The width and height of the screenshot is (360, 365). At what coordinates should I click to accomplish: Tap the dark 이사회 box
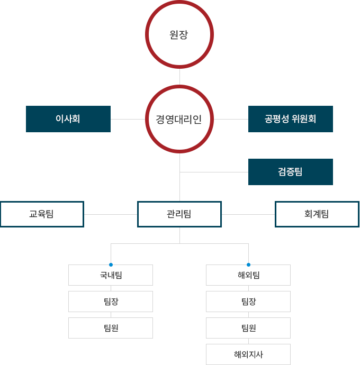[68, 119]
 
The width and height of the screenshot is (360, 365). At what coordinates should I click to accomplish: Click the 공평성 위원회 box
[290, 119]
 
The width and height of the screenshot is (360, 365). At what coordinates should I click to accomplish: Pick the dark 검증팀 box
[290, 172]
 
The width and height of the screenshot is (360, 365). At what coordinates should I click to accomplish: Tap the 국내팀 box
[111, 275]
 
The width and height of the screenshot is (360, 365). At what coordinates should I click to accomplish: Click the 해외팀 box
[248, 275]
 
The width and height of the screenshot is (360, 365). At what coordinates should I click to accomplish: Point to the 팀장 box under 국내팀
[111, 302]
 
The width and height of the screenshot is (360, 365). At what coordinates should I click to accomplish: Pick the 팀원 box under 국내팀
[111, 328]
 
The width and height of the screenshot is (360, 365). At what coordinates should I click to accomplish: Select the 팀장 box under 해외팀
[248, 302]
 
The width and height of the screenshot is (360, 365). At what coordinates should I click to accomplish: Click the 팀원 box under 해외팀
[248, 328]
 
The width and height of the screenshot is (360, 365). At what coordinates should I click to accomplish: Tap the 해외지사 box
[248, 354]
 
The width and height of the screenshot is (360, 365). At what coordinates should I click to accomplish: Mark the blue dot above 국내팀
[111, 264]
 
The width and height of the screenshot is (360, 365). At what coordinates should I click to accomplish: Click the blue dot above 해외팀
[248, 264]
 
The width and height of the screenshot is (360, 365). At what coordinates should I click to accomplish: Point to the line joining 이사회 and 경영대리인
[128, 119]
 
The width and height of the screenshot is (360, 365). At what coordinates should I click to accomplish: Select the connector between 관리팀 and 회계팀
[248, 214]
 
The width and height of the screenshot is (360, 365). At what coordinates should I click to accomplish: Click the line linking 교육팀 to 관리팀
[111, 214]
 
